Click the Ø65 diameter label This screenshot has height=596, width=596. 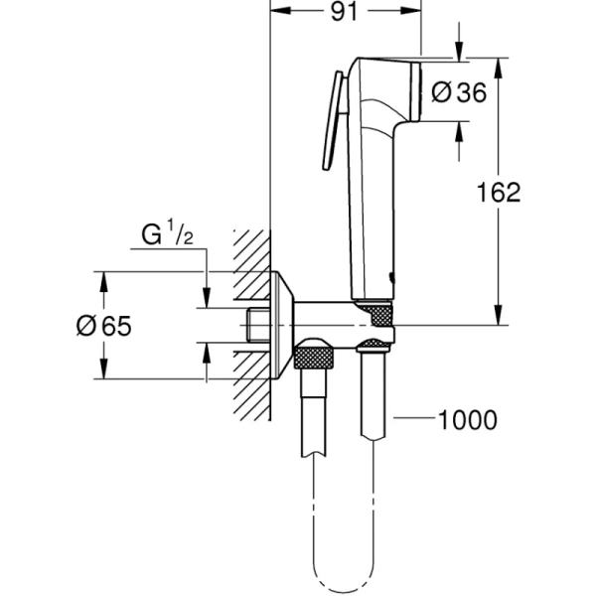103,326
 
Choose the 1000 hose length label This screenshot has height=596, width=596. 467,420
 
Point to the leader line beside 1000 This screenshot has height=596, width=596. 413,420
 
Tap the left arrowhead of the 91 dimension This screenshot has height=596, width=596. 277,13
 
